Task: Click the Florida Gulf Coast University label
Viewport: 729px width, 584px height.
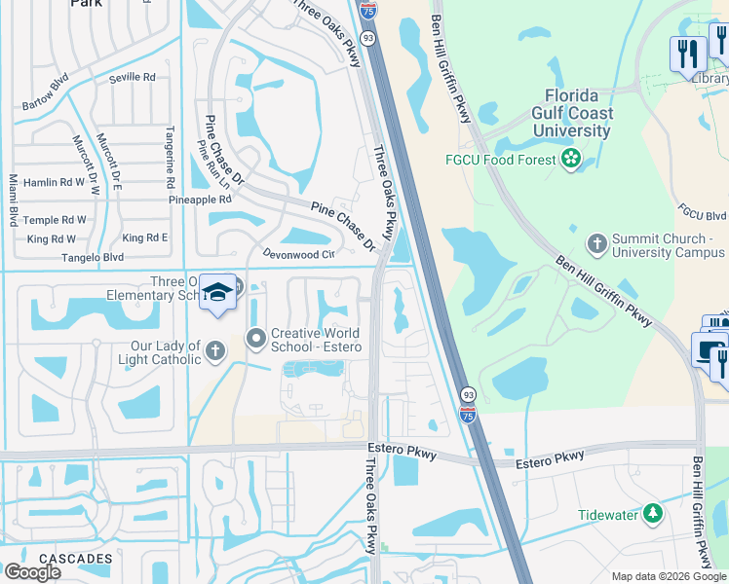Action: pyautogui.click(x=578, y=113)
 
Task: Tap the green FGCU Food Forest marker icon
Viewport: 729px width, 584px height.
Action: pyautogui.click(x=571, y=158)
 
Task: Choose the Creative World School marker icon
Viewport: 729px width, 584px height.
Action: pyautogui.click(x=256, y=339)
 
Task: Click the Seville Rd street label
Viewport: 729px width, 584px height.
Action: pyautogui.click(x=134, y=77)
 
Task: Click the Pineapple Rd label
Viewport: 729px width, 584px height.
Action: pyautogui.click(x=200, y=200)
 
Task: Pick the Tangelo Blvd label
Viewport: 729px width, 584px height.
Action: pyautogui.click(x=94, y=257)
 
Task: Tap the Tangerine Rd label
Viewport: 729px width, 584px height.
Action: pyautogui.click(x=170, y=159)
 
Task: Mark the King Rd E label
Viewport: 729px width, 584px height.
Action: pyautogui.click(x=145, y=237)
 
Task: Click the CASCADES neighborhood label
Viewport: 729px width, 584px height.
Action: pyautogui.click(x=76, y=559)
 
